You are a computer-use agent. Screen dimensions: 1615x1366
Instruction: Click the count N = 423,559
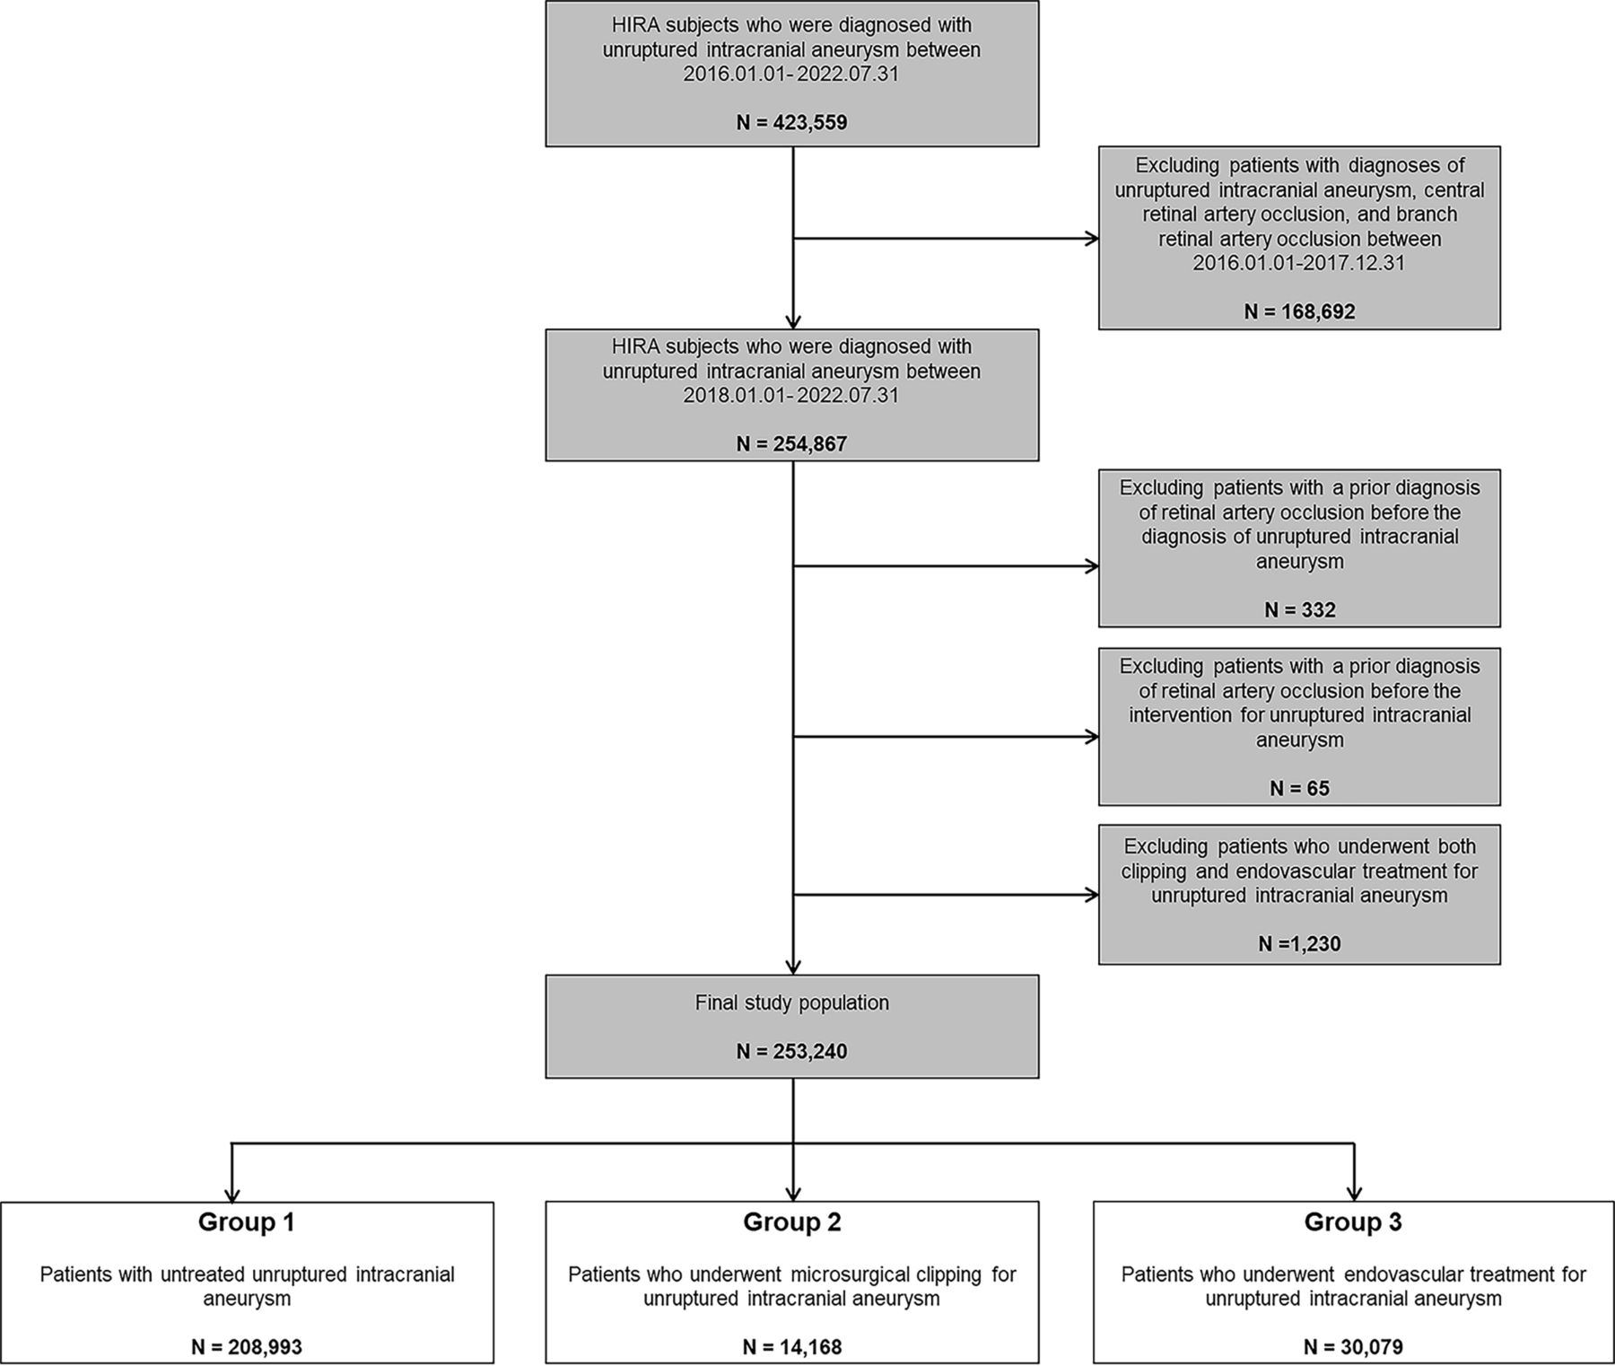(x=791, y=122)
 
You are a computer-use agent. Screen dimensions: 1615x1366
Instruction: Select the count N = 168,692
(x=1299, y=311)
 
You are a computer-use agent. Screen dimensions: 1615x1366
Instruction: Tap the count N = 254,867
(x=791, y=443)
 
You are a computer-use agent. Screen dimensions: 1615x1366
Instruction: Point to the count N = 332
(x=1299, y=610)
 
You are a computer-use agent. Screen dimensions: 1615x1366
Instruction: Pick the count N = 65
(x=1299, y=789)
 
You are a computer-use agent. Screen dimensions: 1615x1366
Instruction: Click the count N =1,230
(x=1299, y=943)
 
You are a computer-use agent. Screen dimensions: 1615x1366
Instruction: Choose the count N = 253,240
(x=791, y=1051)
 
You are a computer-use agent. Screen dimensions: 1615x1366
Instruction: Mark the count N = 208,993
(x=247, y=1346)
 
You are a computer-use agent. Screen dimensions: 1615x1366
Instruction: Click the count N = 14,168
(x=791, y=1346)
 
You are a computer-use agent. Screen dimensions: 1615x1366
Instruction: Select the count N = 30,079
(x=1353, y=1346)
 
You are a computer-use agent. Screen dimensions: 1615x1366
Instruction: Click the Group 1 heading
(x=247, y=1222)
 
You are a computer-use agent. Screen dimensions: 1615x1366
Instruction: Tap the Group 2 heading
(x=791, y=1222)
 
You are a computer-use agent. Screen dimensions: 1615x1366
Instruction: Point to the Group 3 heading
(x=1353, y=1222)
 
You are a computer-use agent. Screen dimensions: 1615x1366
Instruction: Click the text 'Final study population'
(x=791, y=1003)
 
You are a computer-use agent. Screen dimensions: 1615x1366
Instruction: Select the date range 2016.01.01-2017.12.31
(x=1299, y=263)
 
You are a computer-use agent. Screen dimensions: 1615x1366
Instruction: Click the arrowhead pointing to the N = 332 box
(x=1092, y=566)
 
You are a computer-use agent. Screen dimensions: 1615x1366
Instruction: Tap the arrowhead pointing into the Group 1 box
(x=232, y=1195)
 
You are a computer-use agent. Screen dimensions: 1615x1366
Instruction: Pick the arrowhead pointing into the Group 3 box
(x=1354, y=1195)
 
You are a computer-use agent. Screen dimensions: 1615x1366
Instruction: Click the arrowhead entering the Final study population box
(x=793, y=967)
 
